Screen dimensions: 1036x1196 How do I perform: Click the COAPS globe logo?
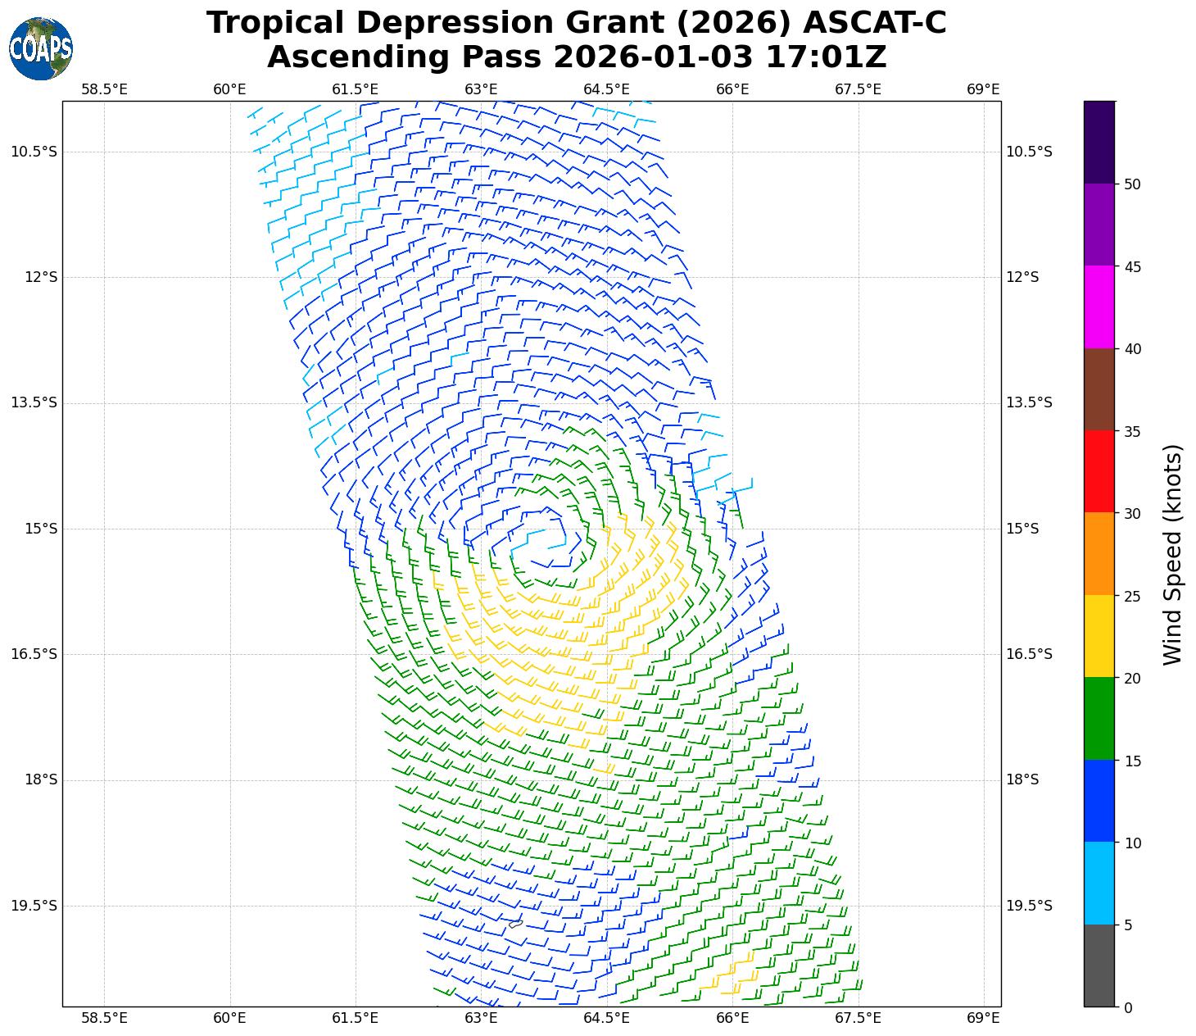tap(41, 49)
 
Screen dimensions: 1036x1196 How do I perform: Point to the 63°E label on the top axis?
tap(481, 89)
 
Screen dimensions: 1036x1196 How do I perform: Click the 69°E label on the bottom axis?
tap(983, 1018)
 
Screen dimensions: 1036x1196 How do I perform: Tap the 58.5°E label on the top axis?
tap(104, 89)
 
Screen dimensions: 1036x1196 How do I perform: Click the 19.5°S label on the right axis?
tap(1029, 906)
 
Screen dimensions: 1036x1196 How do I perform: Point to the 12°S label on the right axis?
tap(1022, 277)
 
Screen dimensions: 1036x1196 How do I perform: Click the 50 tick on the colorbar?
tap(1133, 184)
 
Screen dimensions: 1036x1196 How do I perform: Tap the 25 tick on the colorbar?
tap(1133, 596)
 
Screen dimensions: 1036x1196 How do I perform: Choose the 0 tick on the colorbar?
tap(1129, 1007)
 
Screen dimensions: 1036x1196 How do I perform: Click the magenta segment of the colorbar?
tap(1099, 307)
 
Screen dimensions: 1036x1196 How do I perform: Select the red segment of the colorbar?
tap(1099, 471)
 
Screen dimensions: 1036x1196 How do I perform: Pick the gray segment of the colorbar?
tap(1099, 966)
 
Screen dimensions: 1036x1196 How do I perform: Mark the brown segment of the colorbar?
tap(1099, 389)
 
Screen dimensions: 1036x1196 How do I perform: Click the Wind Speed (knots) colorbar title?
tap(1173, 554)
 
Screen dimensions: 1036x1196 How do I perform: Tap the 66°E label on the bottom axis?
tap(732, 1018)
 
